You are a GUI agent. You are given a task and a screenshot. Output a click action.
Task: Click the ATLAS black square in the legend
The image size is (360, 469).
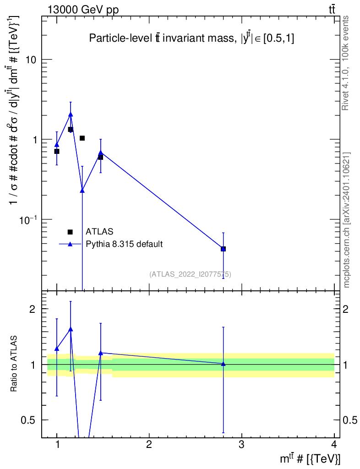(x=70, y=232)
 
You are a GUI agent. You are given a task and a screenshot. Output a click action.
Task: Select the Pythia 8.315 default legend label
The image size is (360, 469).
(x=124, y=244)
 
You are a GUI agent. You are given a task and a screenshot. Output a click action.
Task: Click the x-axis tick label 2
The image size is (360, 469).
(x=149, y=445)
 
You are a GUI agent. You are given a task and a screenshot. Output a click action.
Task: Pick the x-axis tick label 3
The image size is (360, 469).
(x=241, y=445)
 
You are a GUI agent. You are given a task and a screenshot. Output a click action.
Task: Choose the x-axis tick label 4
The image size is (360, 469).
(x=333, y=445)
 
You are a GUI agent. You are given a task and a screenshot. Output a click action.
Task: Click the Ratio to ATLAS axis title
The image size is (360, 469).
(x=14, y=364)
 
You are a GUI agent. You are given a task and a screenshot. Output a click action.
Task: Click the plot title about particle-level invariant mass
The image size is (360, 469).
(x=191, y=39)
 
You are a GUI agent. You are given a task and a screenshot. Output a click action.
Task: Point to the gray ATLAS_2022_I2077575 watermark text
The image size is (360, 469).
(x=190, y=274)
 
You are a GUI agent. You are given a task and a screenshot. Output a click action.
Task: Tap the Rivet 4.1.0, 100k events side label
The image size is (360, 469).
(x=346, y=63)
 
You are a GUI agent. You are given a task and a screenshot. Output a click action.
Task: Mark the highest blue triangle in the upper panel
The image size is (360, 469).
(x=71, y=115)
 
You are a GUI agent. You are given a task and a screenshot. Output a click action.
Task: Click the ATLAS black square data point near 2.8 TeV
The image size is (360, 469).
(x=223, y=249)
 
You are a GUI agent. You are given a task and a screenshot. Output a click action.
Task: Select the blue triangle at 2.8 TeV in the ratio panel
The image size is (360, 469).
(x=223, y=364)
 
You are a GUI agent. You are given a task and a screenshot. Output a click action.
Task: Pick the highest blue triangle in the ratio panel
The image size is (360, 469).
(x=71, y=329)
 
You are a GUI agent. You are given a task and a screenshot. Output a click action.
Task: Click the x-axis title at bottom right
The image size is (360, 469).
(x=310, y=458)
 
